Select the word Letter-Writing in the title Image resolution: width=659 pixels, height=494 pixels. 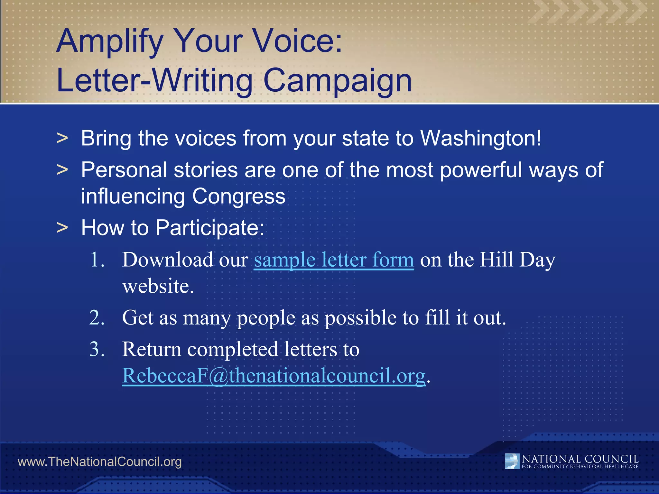(x=154, y=80)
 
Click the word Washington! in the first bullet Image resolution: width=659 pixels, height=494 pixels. (x=481, y=138)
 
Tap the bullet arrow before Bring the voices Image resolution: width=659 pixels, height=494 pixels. (x=62, y=139)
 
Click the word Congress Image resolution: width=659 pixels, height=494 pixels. (x=239, y=197)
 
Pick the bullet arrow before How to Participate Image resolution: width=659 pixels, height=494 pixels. (x=62, y=228)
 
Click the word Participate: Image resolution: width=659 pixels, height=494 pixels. (x=209, y=228)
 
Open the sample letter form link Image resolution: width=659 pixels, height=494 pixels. (x=334, y=260)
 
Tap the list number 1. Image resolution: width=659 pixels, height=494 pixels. (x=97, y=260)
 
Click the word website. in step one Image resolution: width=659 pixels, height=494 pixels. (x=158, y=286)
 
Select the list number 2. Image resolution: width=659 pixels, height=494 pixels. (x=97, y=318)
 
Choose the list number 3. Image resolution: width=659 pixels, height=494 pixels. (x=97, y=349)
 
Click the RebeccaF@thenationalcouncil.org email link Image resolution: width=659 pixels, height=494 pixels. (x=274, y=375)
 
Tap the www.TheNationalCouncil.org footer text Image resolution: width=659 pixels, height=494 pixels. (x=99, y=462)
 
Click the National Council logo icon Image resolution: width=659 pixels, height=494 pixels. (x=512, y=461)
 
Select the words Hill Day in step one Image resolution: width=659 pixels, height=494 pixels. (x=517, y=260)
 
